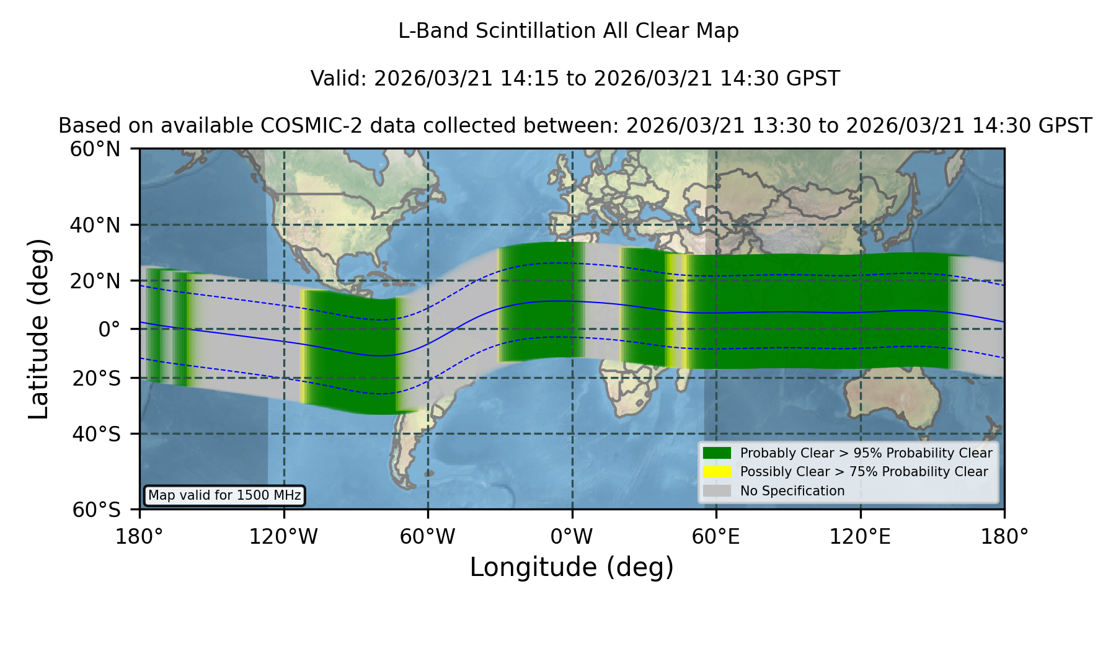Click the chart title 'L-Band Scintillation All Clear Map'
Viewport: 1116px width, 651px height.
[x=568, y=31]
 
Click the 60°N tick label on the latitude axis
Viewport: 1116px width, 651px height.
[x=95, y=149]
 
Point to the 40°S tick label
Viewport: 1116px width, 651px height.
[x=96, y=434]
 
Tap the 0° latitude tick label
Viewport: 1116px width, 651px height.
[x=109, y=329]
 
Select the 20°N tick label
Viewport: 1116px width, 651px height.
[x=95, y=281]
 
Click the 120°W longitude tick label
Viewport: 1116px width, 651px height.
[x=283, y=537]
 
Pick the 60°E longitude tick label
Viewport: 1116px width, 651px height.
[x=716, y=537]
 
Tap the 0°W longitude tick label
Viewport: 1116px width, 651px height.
[x=572, y=537]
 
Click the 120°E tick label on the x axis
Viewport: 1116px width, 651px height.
[x=861, y=537]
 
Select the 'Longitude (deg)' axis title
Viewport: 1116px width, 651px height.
[x=572, y=567]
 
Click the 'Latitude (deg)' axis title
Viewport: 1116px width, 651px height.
[x=38, y=329]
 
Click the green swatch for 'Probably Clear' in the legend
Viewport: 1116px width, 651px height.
[x=717, y=453]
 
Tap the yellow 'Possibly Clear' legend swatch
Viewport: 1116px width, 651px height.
[x=717, y=472]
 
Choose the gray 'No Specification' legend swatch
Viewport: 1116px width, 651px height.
[x=717, y=491]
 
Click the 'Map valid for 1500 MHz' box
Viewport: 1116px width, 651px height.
[x=224, y=495]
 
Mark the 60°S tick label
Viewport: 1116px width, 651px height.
[x=96, y=510]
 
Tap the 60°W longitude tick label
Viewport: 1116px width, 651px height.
[x=428, y=537]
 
